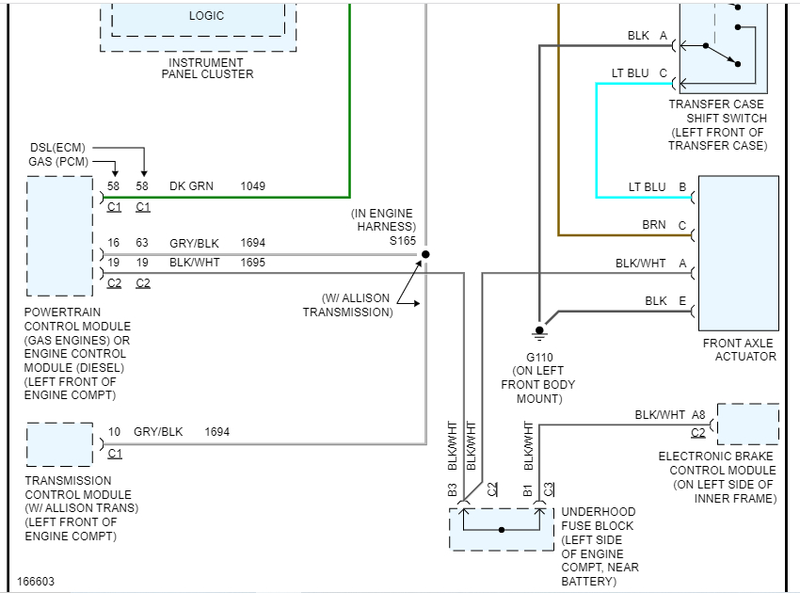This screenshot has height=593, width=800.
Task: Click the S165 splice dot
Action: [425, 254]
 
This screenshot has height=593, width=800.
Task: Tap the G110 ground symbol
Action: [539, 331]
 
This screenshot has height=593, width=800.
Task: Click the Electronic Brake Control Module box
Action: [747, 424]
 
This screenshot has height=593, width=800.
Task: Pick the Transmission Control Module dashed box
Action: [59, 444]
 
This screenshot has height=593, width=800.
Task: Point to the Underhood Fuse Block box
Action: [502, 530]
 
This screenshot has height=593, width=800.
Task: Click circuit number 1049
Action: [252, 186]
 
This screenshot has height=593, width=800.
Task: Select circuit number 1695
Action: [252, 263]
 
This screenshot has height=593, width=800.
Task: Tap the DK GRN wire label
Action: [191, 186]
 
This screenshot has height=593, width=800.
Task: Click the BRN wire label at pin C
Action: [654, 225]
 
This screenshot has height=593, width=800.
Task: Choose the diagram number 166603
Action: [36, 582]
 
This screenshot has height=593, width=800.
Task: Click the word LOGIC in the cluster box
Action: [206, 16]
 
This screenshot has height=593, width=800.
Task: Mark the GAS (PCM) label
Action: [58, 162]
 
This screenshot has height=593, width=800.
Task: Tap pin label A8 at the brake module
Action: [697, 414]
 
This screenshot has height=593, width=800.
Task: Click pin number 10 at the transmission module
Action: [114, 432]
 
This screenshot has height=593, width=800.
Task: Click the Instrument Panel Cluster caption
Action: [207, 67]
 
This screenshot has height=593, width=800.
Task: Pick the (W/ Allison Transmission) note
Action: [347, 305]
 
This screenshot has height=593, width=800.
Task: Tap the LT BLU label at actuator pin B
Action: [647, 187]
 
